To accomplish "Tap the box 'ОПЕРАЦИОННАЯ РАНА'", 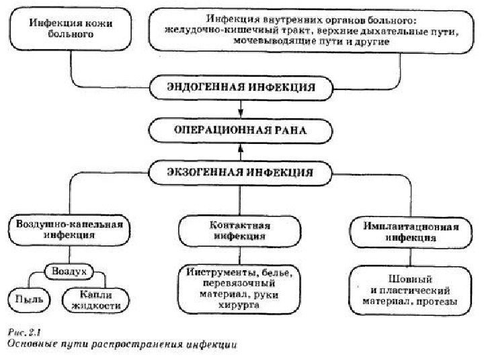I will [241, 130].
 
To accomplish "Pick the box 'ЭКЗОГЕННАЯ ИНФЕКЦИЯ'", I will [241, 171].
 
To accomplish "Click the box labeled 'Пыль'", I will [25, 297].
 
